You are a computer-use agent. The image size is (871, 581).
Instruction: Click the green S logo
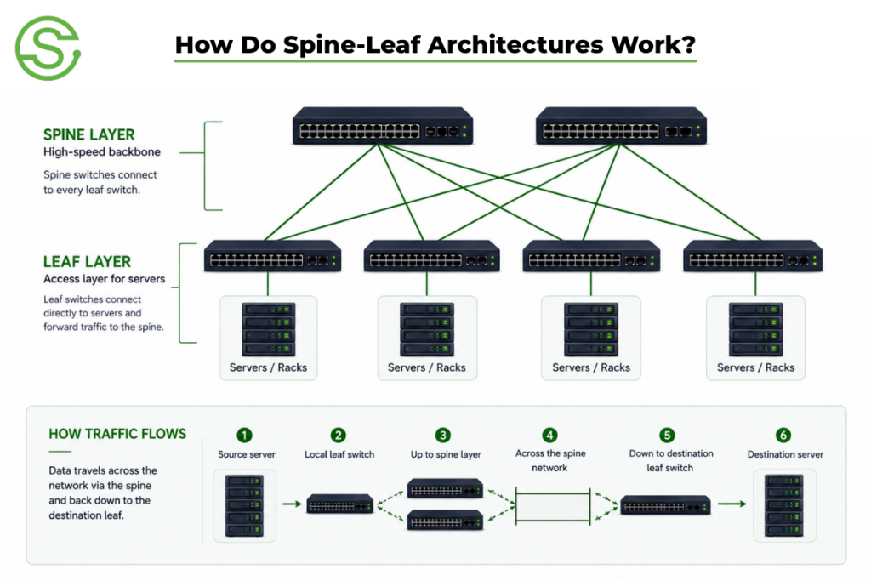point(48,48)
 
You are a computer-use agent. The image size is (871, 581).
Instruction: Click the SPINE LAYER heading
point(88,135)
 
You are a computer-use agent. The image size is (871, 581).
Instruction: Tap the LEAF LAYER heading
point(88,262)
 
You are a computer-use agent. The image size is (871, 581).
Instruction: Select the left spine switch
point(383,126)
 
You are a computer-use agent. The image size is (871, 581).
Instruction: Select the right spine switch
point(621,126)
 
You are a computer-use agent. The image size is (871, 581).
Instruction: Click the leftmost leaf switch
point(272,256)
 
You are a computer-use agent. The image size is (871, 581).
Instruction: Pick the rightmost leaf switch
point(753,256)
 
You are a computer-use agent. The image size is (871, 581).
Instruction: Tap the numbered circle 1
point(244,435)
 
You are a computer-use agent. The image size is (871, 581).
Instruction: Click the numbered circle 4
point(549,435)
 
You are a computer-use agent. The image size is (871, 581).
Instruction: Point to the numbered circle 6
point(783,435)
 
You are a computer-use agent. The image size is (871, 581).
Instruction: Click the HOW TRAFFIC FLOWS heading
point(117,434)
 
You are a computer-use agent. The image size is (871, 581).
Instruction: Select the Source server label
point(247,454)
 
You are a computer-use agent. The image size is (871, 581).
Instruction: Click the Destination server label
point(785,454)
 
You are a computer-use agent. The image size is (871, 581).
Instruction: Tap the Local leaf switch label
point(339,454)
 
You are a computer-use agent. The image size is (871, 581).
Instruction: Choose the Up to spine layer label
point(446,454)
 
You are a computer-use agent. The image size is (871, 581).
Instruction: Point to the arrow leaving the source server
point(293,504)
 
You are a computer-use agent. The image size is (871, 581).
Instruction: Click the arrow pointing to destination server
point(732,504)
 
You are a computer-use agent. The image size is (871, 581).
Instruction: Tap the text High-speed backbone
point(102,152)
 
